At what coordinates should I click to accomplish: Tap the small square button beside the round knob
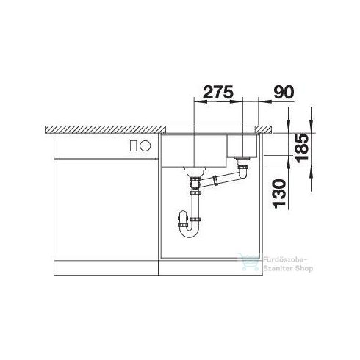[x=132, y=145]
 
